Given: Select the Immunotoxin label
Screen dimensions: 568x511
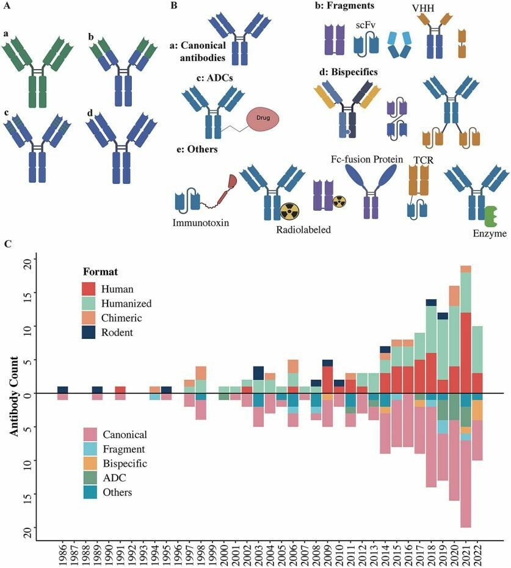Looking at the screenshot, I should click(x=201, y=223).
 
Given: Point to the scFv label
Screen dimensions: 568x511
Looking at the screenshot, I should click(x=364, y=24).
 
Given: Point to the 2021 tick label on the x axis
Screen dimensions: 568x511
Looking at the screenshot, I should click(x=466, y=553).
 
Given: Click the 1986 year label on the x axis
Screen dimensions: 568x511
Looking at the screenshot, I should click(x=63, y=553).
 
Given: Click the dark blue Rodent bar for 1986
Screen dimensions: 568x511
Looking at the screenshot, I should click(x=63, y=390).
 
